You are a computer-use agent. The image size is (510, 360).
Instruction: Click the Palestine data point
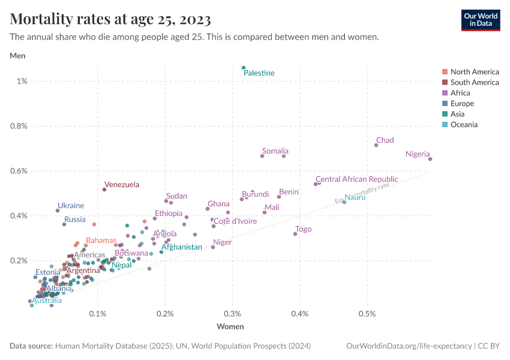(x=244, y=68)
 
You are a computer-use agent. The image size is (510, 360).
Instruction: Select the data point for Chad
(x=376, y=145)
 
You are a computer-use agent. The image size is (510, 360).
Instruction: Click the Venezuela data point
(x=104, y=190)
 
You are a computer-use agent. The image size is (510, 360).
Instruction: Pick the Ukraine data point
(x=58, y=211)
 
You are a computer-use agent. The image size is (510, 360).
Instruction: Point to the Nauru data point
(x=344, y=202)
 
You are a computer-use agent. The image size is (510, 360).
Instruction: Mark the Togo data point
(x=295, y=234)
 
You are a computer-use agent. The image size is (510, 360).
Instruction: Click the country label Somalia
(x=275, y=151)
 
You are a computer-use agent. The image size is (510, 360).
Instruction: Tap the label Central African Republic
(x=356, y=179)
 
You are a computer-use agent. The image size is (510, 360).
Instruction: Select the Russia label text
(x=75, y=220)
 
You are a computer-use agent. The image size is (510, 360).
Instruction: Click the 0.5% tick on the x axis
(x=367, y=314)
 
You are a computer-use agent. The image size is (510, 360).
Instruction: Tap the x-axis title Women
(x=230, y=327)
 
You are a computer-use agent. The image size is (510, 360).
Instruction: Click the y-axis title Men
(x=17, y=56)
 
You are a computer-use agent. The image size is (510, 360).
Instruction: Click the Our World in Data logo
(x=480, y=19)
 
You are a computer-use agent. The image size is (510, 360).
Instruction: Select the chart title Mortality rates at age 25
(x=110, y=20)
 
